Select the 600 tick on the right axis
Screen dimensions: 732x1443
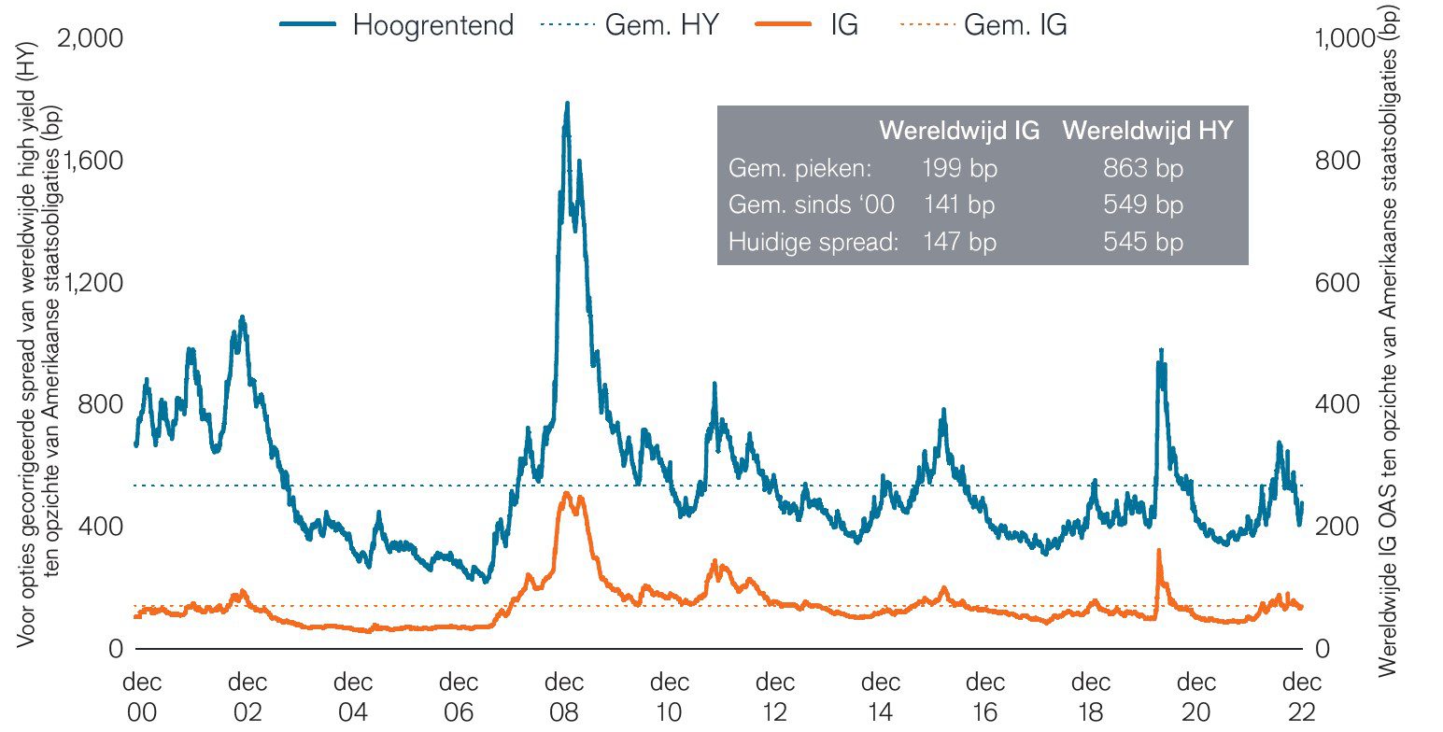tap(1337, 283)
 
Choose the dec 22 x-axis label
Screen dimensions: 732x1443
tap(1299, 696)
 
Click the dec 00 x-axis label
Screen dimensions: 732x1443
tap(141, 696)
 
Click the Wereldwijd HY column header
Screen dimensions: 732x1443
tap(1147, 132)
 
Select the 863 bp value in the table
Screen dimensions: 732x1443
tap(1143, 169)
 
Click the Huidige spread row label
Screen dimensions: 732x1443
tap(813, 243)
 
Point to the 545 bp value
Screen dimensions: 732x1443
tap(1143, 243)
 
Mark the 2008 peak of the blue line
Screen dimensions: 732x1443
tap(566, 105)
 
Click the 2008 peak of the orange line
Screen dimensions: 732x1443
tap(566, 493)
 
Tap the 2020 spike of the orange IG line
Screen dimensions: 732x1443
tap(1159, 551)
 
